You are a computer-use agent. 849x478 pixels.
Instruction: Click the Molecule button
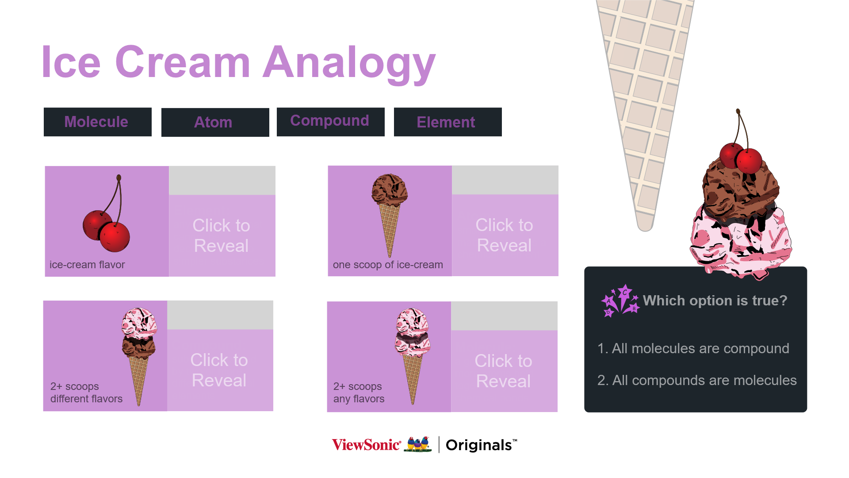(x=97, y=122)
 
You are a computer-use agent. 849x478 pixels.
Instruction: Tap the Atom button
(x=215, y=122)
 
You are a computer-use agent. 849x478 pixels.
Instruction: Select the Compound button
(x=330, y=122)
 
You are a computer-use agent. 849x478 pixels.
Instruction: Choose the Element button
(x=447, y=122)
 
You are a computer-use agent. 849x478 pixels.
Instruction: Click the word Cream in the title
(x=183, y=62)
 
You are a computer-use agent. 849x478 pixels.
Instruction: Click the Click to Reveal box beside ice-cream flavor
(x=222, y=235)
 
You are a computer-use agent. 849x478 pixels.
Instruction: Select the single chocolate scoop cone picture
(x=390, y=215)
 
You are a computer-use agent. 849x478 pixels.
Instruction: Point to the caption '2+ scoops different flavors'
(x=86, y=393)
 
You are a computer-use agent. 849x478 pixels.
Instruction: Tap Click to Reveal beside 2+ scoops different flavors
(x=220, y=370)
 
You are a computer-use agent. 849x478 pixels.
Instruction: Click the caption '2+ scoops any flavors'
(x=359, y=393)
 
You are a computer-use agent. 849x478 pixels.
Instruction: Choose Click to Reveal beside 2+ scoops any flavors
(x=504, y=371)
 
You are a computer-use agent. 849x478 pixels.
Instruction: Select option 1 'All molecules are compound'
(x=693, y=348)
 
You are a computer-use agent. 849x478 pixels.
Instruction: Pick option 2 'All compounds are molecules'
(x=697, y=380)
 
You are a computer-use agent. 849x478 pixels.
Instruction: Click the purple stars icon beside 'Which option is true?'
(x=620, y=301)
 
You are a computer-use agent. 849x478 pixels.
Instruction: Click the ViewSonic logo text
(x=366, y=444)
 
